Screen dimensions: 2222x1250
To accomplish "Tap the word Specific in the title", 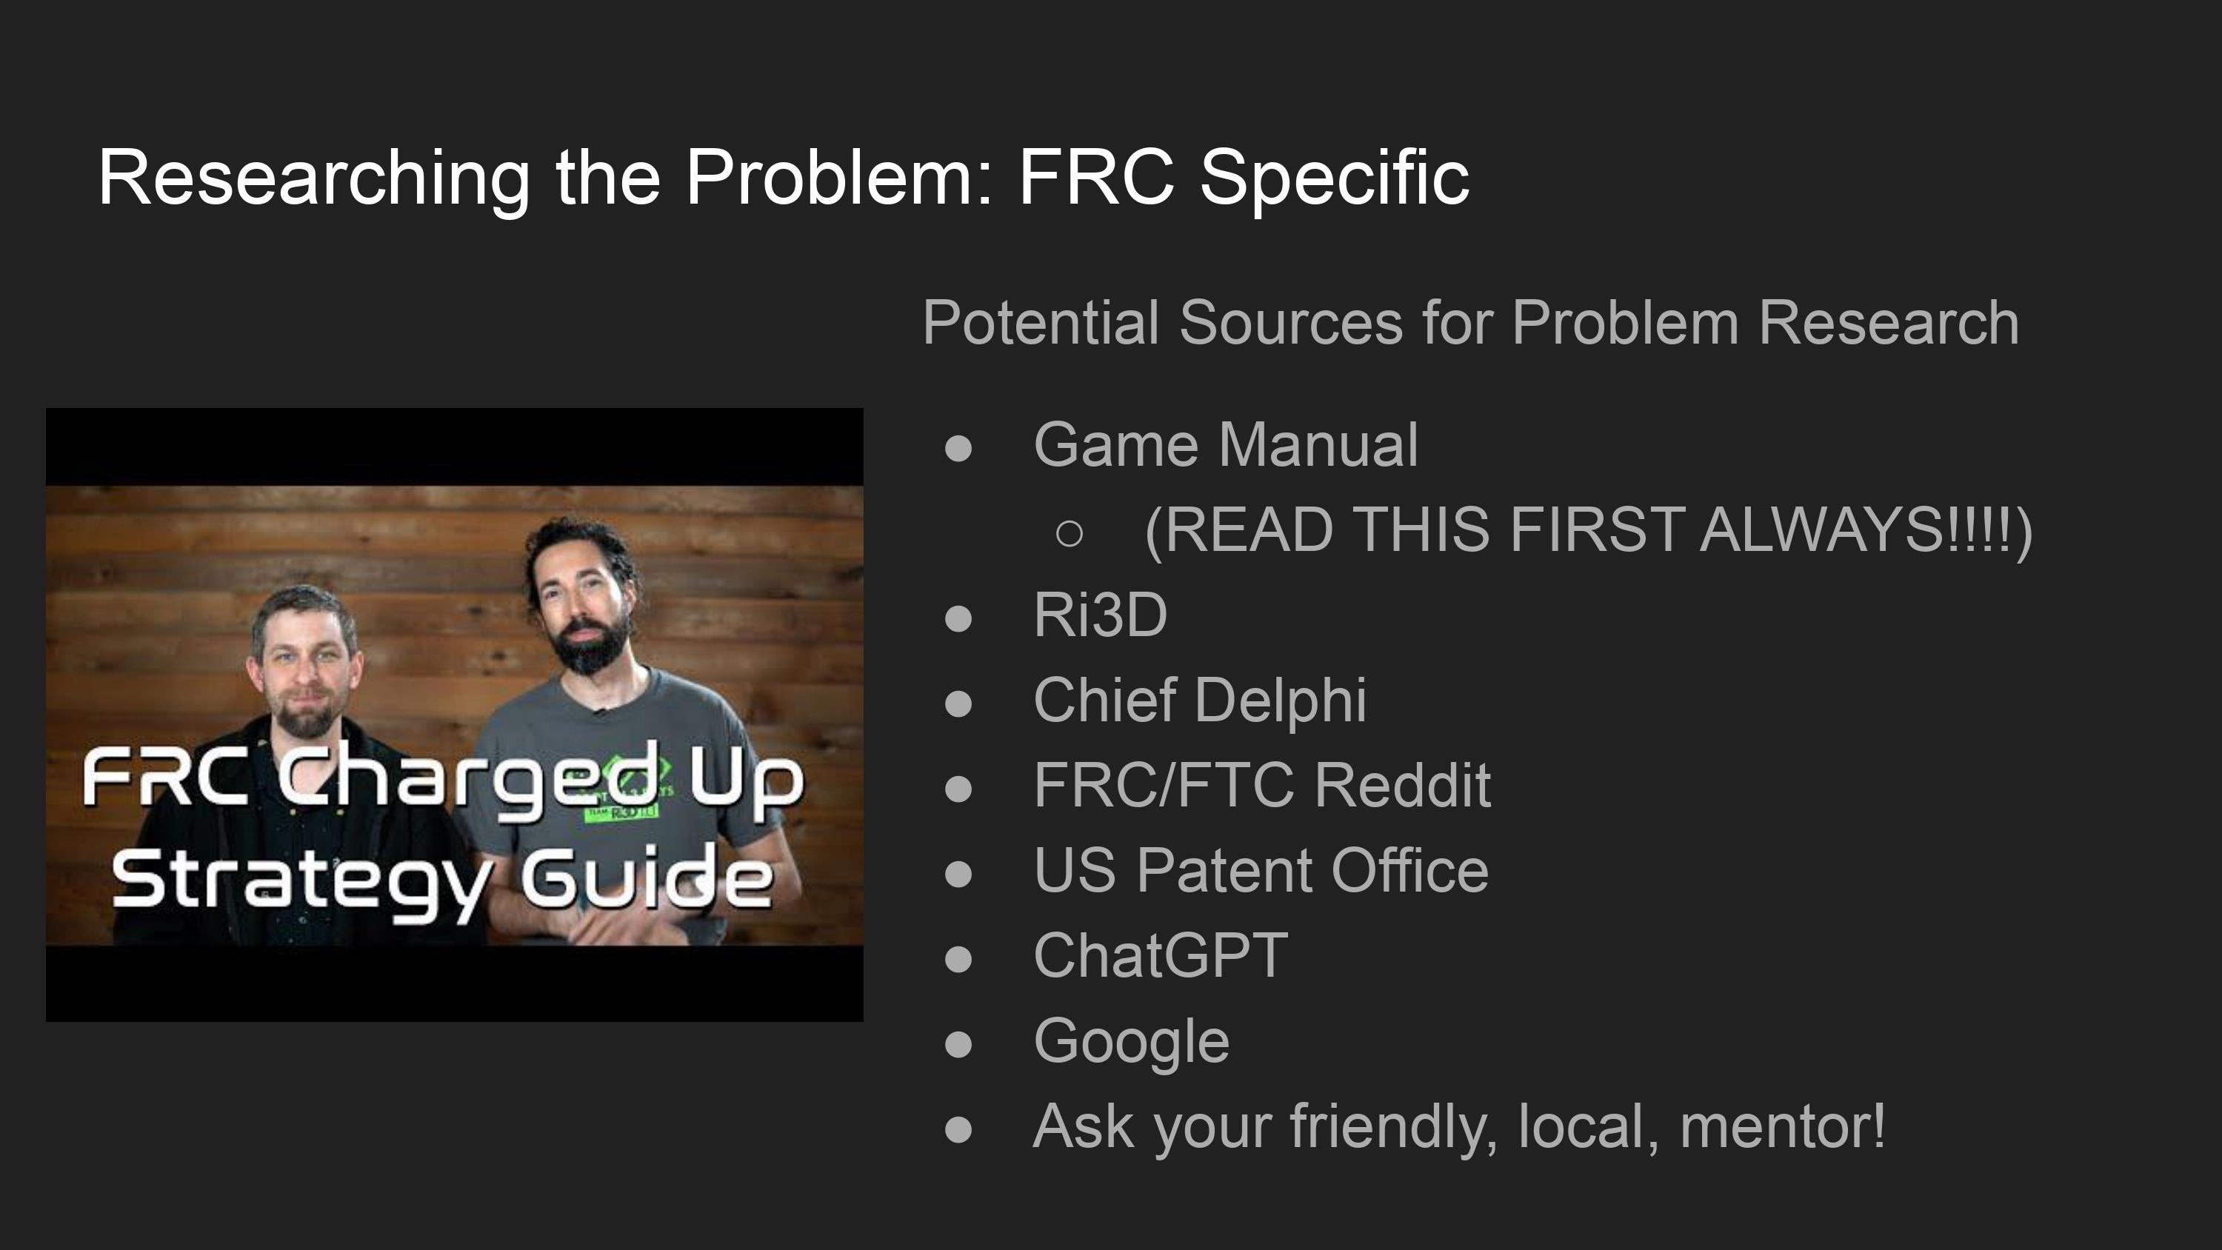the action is coord(1335,178).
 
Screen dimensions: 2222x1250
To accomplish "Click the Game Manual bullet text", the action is coord(1226,444).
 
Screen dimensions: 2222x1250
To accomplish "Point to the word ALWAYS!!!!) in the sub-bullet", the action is coord(1866,529).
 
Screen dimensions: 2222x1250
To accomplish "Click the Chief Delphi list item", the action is coord(1200,700).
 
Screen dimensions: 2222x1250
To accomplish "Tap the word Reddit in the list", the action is coord(1403,785).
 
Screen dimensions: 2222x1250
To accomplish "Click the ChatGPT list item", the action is coord(1160,955).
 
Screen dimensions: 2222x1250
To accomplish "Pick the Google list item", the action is coord(1132,1041).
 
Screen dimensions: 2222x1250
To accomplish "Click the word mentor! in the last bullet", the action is coord(1783,1126).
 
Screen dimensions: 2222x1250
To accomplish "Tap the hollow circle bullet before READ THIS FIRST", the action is coord(1070,533).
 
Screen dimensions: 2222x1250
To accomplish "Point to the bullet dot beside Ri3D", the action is coord(958,618).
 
